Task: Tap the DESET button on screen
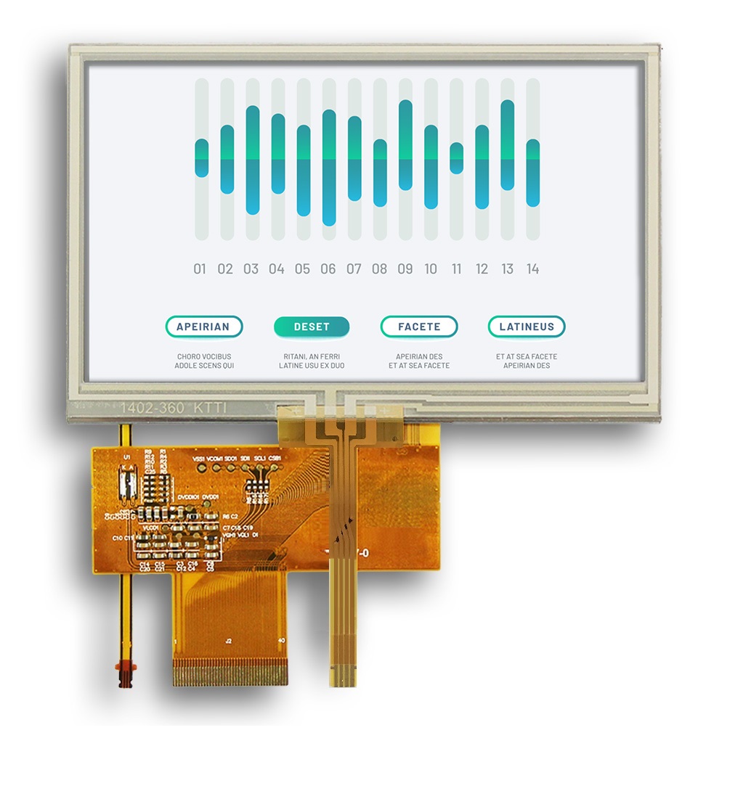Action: pos(312,327)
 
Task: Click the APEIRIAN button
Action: pos(203,327)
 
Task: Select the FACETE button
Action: pos(419,327)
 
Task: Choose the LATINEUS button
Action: pos(527,327)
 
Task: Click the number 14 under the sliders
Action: pos(532,269)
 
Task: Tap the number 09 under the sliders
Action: pos(405,269)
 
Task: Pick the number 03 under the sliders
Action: pos(251,269)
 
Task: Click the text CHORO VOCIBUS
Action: pos(203,356)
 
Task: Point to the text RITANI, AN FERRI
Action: pos(312,356)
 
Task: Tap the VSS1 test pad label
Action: pos(199,459)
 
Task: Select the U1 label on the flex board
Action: pos(128,456)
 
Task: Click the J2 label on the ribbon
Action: pos(228,642)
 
